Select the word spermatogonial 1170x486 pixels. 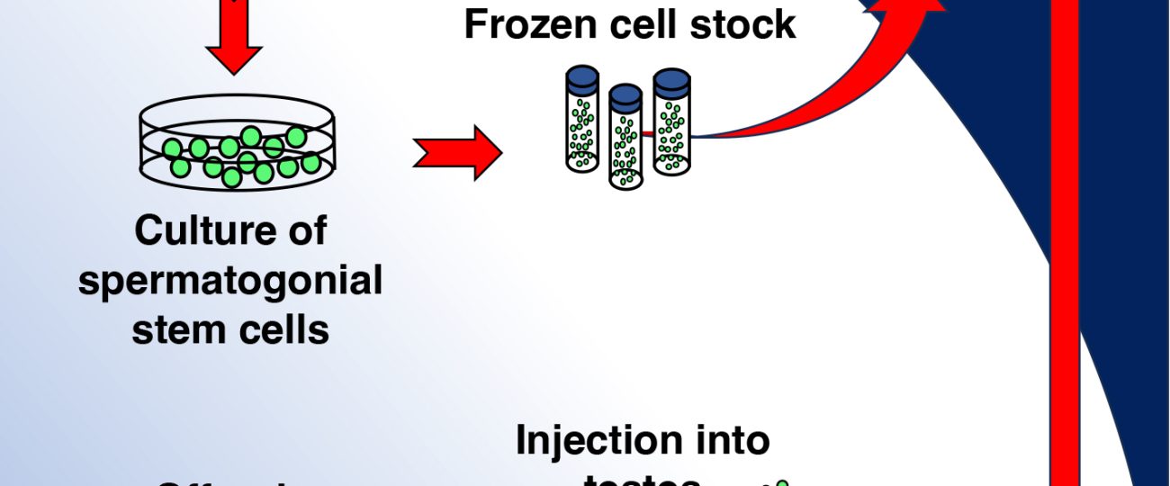pos(230,282)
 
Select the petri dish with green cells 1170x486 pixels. pos(237,144)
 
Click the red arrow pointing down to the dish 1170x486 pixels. pos(233,40)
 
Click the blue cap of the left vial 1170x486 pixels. pos(582,78)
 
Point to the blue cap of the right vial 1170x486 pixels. pos(671,81)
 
